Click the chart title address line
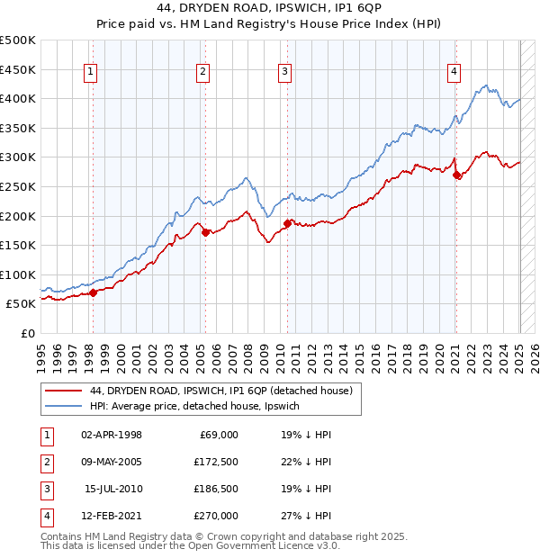[269, 10]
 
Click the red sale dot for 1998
[93, 292]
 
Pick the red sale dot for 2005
[205, 232]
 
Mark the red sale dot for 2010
[287, 223]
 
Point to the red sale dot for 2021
[456, 175]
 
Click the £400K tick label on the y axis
[19, 98]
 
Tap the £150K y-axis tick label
[19, 245]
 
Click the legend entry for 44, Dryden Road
[226, 391]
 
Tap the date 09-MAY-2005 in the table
[112, 462]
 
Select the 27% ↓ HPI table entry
[306, 516]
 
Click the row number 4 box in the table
[45, 516]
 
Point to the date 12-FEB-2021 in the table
[112, 516]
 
